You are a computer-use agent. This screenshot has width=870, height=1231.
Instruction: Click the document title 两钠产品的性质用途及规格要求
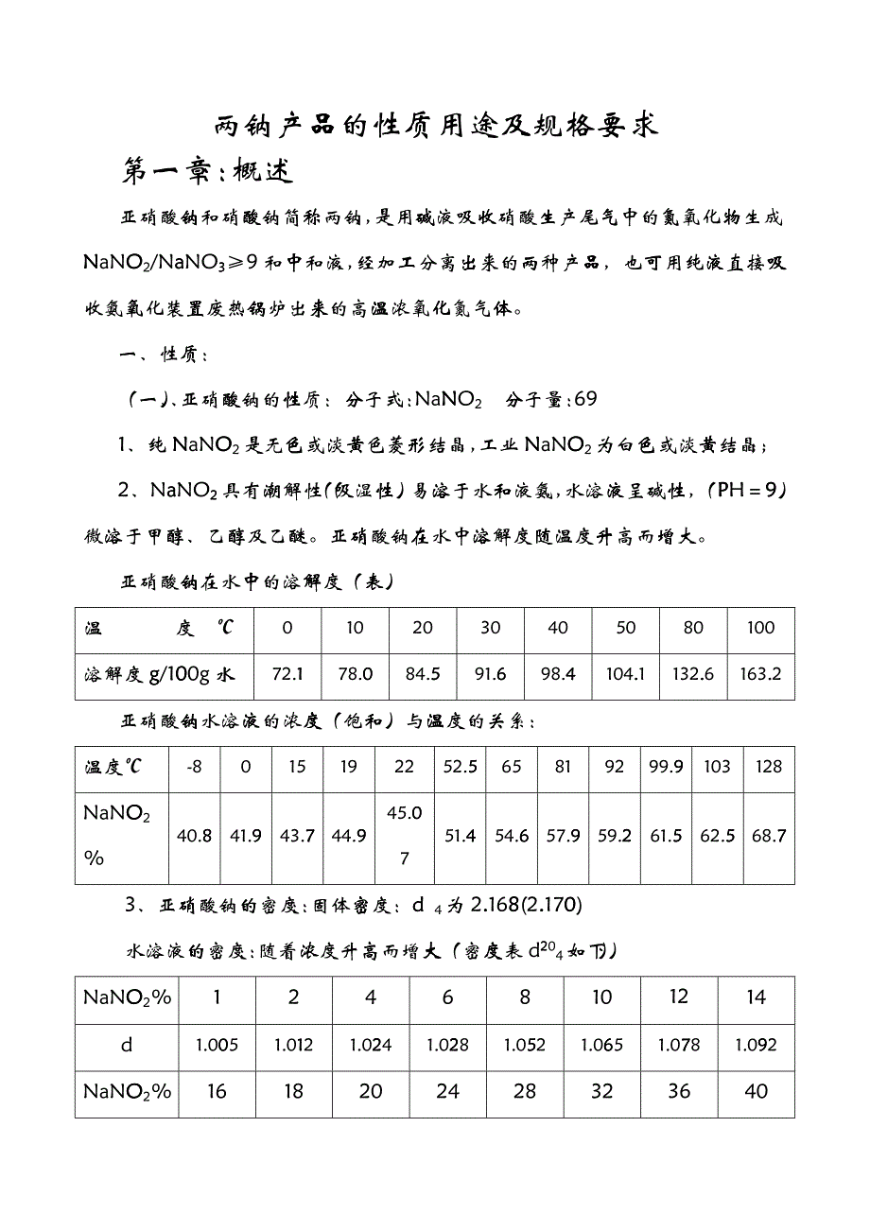(x=435, y=125)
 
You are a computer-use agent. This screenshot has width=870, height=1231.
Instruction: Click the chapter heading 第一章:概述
(x=209, y=170)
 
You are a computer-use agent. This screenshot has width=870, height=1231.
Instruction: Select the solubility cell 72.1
(x=287, y=675)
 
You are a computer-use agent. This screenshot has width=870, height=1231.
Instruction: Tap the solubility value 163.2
(x=760, y=675)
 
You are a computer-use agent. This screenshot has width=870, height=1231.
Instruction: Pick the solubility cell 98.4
(x=558, y=675)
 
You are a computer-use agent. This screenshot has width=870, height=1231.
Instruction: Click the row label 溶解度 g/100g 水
(x=159, y=675)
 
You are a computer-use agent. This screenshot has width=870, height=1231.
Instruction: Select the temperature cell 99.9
(x=666, y=767)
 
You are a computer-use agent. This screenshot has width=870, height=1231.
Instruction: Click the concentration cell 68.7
(x=769, y=836)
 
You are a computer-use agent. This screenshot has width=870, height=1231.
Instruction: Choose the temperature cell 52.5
(x=460, y=767)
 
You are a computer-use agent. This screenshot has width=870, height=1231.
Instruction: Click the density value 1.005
(x=217, y=1045)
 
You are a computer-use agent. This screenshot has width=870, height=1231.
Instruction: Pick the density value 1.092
(x=756, y=1045)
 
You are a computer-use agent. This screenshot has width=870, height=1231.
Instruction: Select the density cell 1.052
(x=525, y=1045)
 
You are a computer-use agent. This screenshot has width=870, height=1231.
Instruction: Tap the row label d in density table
(x=128, y=1045)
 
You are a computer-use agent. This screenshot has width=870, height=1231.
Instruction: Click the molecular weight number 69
(x=585, y=399)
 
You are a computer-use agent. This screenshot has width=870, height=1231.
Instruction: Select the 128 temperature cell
(x=769, y=767)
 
